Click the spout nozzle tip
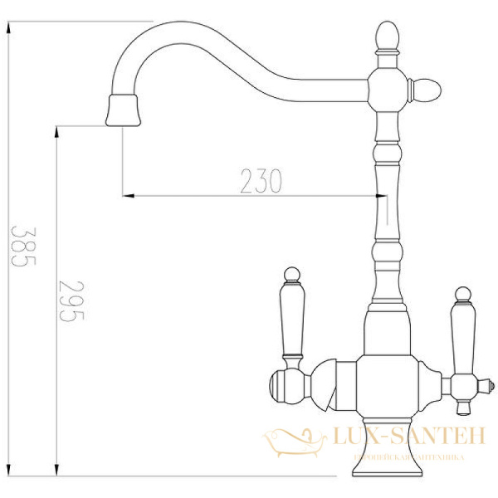click(124, 110)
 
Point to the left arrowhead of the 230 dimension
click(128, 196)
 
